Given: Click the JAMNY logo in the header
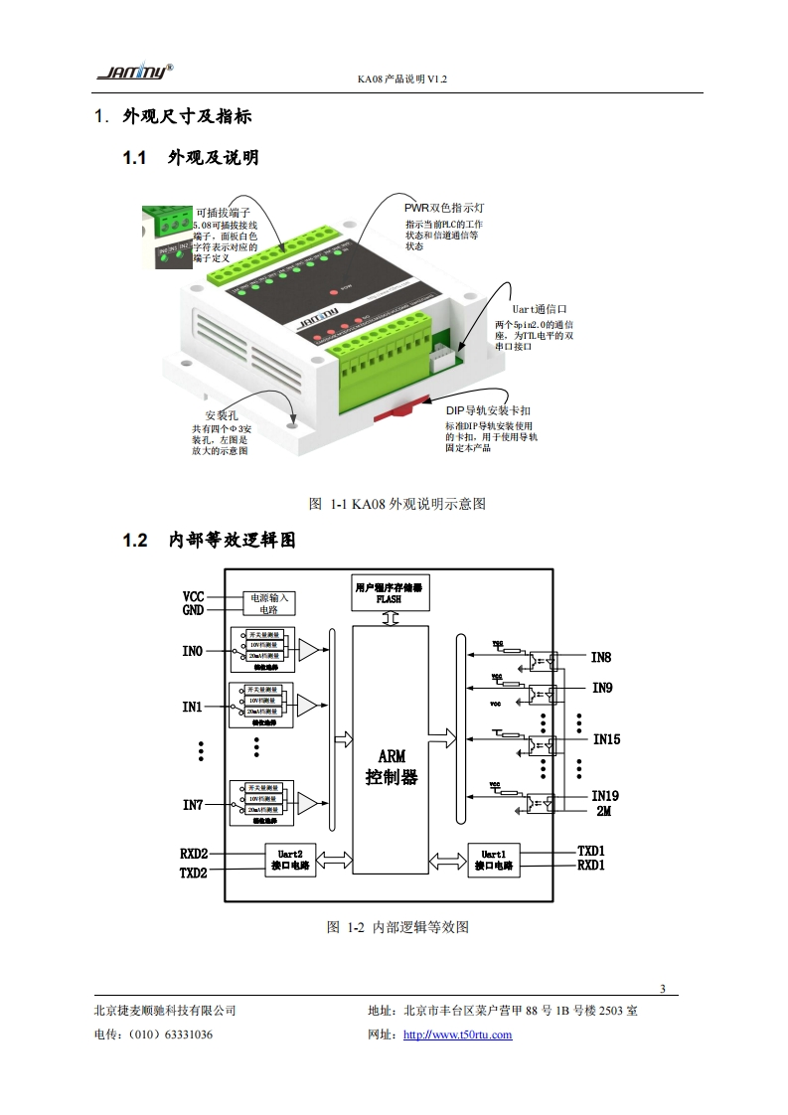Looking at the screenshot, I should pyautogui.click(x=134, y=71).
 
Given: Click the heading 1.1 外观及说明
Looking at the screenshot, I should pyautogui.click(x=190, y=157).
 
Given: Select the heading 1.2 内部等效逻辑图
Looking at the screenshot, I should pyautogui.click(x=209, y=540).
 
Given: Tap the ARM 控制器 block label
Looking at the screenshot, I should pyautogui.click(x=392, y=766).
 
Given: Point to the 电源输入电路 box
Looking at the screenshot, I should pyautogui.click(x=269, y=603).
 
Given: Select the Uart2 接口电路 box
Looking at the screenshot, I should pyautogui.click(x=290, y=859).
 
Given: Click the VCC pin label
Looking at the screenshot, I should pyautogui.click(x=193, y=596).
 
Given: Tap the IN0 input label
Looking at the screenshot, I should pyautogui.click(x=193, y=651).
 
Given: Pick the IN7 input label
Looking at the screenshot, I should pyautogui.click(x=193, y=804).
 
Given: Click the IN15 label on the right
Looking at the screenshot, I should pyautogui.click(x=606, y=739).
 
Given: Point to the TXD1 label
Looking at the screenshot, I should pyautogui.click(x=591, y=852).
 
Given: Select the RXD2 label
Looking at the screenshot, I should pyautogui.click(x=194, y=854).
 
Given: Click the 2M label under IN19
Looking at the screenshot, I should pyautogui.click(x=603, y=811).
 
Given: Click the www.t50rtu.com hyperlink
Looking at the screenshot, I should pyautogui.click(x=457, y=1035).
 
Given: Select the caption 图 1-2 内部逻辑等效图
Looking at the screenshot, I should pyautogui.click(x=397, y=927).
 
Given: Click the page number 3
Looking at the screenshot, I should pyautogui.click(x=663, y=988).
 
